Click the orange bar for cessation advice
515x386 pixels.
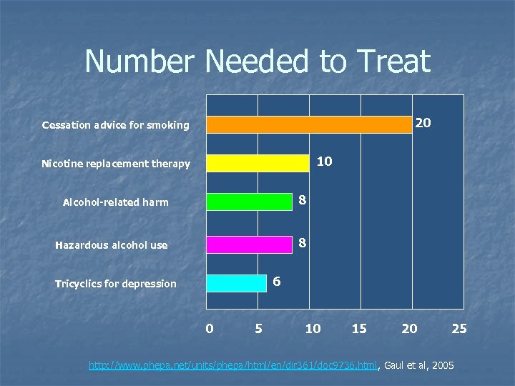click(x=309, y=124)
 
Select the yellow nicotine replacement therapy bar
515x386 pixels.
click(x=257, y=164)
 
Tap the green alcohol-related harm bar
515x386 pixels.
click(x=249, y=202)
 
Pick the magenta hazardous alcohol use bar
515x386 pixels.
click(x=249, y=244)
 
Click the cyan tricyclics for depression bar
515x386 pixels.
click(x=236, y=283)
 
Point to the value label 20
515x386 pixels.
click(x=423, y=123)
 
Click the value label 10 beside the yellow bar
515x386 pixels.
click(x=324, y=162)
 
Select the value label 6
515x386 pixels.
click(x=277, y=282)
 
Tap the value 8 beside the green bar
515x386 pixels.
click(x=303, y=201)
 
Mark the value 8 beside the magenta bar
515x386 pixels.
click(x=303, y=243)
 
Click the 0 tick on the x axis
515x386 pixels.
click(x=209, y=329)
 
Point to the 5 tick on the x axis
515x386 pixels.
click(x=258, y=329)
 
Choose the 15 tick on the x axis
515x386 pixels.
click(x=359, y=329)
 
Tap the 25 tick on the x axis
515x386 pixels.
click(x=459, y=329)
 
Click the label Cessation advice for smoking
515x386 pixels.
click(x=115, y=125)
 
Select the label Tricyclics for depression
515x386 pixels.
click(x=115, y=284)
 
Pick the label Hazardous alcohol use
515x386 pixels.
click(x=111, y=245)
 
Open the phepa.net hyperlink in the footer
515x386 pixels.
click(x=232, y=366)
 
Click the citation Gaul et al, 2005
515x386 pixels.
click(x=418, y=366)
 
